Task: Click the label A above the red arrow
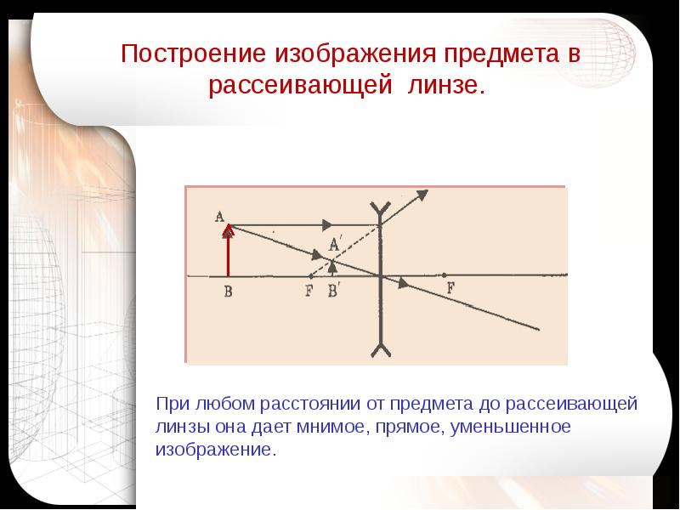pos(219,216)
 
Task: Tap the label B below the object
pos(229,291)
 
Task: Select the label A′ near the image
pos(334,245)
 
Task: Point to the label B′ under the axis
pos(333,291)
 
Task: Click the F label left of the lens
pos(309,290)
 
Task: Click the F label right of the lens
pos(451,287)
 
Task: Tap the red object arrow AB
pos(228,250)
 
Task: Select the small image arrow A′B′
pos(332,268)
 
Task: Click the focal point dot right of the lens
pos(444,275)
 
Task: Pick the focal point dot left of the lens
pos(310,275)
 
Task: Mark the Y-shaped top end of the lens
pos(381,209)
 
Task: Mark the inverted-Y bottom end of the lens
pos(381,348)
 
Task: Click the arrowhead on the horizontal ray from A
pos(327,225)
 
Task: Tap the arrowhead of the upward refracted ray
pos(422,195)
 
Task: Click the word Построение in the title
pos(193,54)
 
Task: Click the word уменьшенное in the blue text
pos(511,428)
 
